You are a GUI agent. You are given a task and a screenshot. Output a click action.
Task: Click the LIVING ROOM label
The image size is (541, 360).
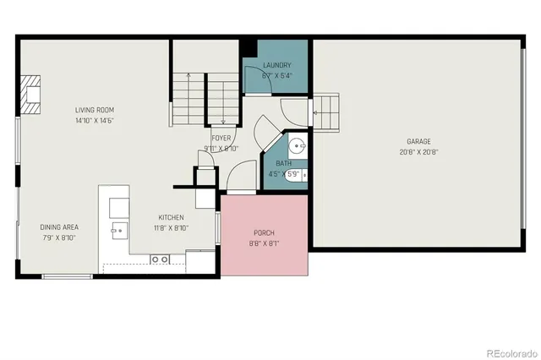(94, 110)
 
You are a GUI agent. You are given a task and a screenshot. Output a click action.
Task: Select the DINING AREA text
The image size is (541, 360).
(59, 226)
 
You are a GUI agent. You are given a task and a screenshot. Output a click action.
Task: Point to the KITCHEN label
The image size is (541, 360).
(170, 217)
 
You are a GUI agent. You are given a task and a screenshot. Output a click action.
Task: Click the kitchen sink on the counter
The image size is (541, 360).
(117, 229)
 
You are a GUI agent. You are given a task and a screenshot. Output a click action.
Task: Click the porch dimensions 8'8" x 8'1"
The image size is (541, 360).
(264, 244)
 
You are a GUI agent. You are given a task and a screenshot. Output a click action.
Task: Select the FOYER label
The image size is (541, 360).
(221, 138)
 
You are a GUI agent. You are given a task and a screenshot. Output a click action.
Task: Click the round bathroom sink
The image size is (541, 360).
(297, 145)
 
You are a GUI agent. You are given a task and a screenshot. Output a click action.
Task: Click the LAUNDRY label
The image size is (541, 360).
(277, 65)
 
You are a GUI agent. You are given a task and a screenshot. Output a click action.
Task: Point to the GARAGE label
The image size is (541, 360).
(419, 142)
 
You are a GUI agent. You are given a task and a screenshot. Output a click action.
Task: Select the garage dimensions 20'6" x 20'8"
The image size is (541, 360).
(419, 152)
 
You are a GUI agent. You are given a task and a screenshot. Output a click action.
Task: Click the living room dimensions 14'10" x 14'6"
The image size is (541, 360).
(94, 120)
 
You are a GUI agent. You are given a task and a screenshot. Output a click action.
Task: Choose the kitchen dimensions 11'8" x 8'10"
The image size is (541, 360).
(170, 227)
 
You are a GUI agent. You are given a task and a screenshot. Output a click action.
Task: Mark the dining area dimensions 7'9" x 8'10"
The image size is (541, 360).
(59, 237)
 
